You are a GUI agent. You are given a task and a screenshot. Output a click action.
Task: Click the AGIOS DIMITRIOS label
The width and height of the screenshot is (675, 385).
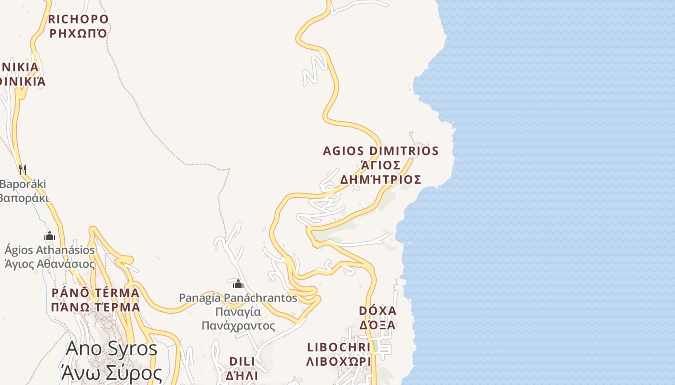381,151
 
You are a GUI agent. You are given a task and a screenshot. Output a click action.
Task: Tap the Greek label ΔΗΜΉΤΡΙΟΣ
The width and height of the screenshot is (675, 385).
381,180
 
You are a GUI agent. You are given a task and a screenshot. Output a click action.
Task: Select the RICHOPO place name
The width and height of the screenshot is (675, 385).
79,19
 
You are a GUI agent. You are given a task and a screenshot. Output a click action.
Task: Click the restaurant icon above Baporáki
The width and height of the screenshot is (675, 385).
22,169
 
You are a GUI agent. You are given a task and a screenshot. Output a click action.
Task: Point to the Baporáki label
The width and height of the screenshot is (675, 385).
23,184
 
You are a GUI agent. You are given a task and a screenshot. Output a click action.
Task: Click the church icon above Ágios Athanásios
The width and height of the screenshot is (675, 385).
50,236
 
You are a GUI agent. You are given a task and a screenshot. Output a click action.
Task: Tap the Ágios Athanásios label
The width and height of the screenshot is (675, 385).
50,250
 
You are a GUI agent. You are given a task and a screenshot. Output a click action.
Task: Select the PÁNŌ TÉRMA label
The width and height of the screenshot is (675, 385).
95,293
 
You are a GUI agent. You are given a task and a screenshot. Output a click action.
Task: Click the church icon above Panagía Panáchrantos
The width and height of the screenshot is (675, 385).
238,284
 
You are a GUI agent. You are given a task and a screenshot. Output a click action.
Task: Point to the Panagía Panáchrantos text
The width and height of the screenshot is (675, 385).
238,298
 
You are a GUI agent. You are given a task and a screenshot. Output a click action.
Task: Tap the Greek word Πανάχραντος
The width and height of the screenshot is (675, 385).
238,326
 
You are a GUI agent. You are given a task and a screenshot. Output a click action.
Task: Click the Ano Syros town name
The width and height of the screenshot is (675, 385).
111,348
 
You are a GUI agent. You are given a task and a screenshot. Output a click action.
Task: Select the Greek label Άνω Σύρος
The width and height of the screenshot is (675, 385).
111,373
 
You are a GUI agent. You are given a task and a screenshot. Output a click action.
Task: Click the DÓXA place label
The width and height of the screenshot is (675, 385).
378,310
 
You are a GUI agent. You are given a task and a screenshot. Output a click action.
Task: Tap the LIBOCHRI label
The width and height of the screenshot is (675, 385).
339,347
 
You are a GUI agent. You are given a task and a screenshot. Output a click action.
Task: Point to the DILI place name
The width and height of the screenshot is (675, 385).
242,361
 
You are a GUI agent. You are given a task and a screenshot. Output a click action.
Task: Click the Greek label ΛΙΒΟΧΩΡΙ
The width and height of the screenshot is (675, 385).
339,361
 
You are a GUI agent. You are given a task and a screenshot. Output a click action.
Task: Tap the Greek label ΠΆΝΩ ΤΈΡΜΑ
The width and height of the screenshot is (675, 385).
95,307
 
